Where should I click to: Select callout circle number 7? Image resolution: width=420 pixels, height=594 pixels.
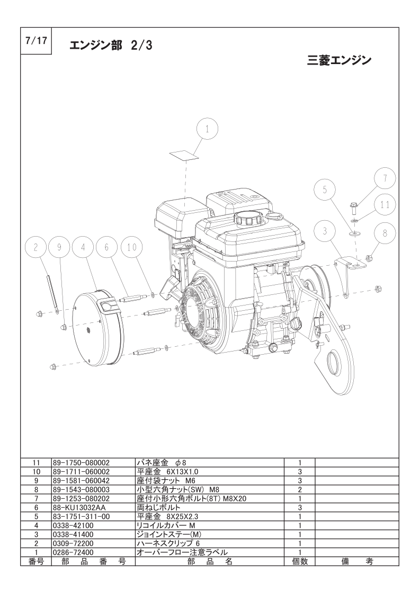385,178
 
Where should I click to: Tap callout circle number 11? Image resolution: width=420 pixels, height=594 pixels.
385,205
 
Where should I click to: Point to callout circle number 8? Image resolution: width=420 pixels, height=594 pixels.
385,233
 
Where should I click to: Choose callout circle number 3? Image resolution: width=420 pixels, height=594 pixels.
325,231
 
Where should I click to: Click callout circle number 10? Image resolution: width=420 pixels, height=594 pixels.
131,247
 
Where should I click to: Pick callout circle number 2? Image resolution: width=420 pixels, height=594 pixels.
36,247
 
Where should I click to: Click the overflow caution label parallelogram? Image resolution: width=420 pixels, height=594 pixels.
185,155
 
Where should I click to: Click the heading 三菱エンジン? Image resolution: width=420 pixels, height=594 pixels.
339,60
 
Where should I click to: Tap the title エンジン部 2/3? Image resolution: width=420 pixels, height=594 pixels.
111,46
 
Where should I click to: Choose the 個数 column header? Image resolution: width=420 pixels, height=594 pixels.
299,561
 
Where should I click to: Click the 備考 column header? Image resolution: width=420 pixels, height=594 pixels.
356,561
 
